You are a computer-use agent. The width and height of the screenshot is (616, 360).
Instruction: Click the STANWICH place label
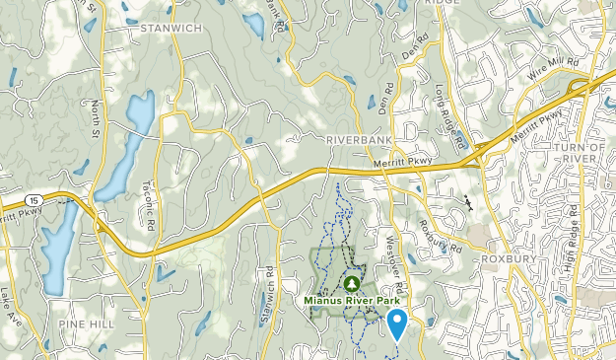click(x=171, y=29)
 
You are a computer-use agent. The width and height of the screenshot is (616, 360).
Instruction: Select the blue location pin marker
click(x=397, y=322)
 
